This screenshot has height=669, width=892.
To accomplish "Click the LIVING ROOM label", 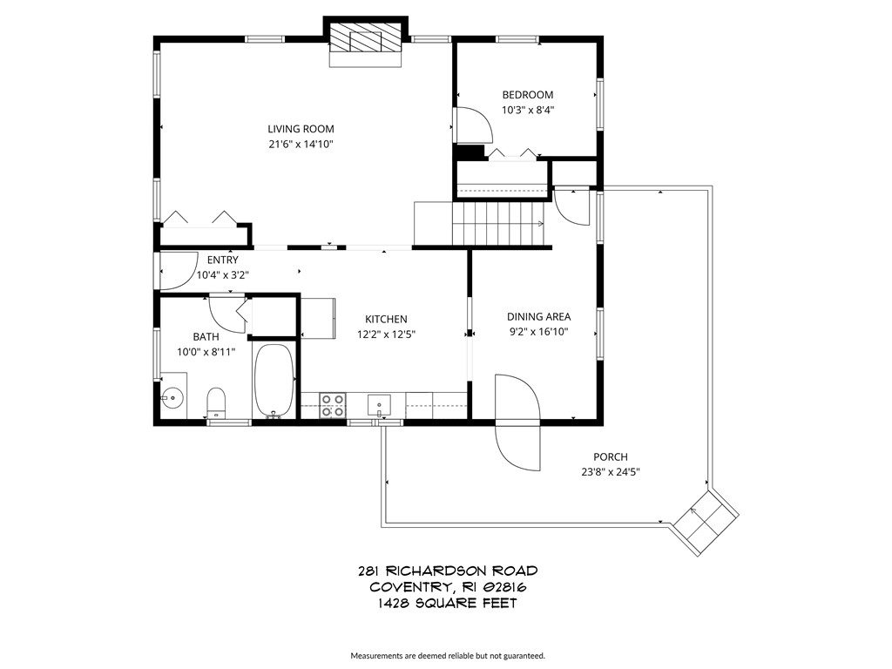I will coord(301,129).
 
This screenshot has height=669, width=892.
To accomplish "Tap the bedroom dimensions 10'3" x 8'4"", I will coord(528,111).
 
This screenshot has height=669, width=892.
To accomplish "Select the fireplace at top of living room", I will coord(366,43).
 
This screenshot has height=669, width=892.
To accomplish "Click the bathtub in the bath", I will coord(274,382).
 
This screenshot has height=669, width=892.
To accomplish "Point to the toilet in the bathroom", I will coord(215,402).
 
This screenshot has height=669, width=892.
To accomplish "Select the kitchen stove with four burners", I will coord(332,406).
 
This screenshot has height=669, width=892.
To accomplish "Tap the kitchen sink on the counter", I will coord(378,405).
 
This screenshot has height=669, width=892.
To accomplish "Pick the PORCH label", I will coord(610,457).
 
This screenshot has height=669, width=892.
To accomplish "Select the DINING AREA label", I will coord(538,317).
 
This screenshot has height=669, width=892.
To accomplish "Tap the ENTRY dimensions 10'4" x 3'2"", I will coord(222,274).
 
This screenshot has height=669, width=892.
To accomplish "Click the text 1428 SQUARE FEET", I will coord(447,603).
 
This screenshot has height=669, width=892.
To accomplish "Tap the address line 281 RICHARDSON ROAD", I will coord(447,571).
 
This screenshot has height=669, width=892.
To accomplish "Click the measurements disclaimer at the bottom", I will coord(447,656).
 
